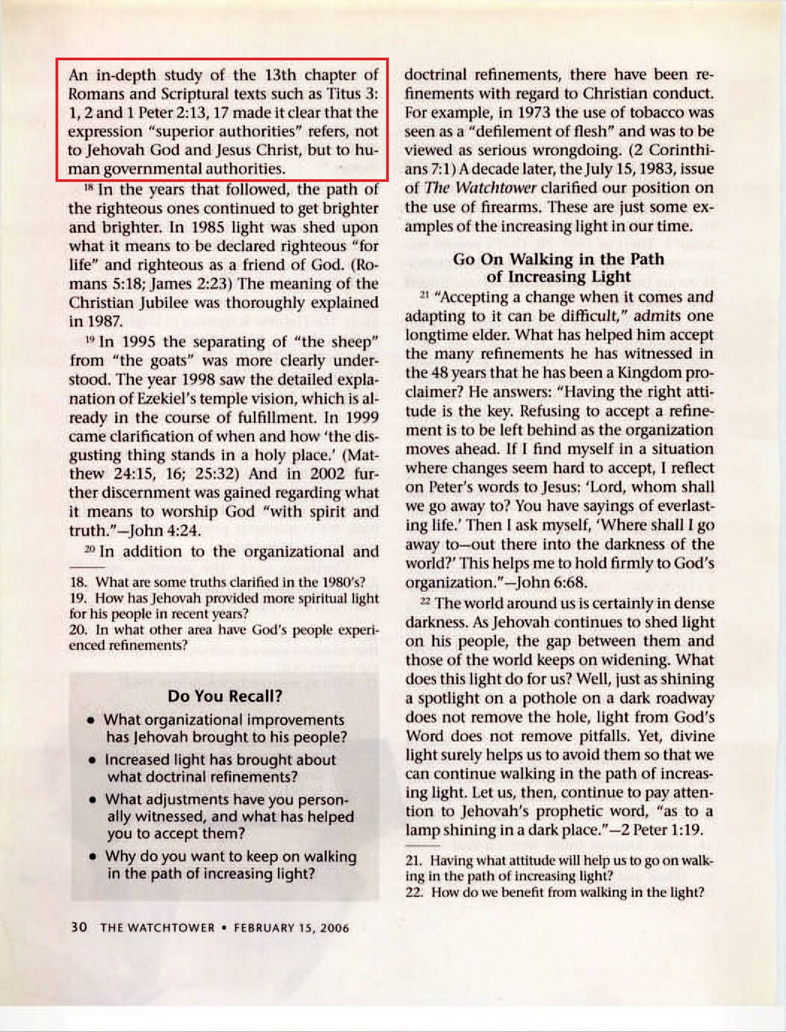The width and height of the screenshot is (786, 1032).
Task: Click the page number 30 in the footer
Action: click(79, 927)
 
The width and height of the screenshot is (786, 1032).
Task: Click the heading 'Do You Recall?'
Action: click(225, 696)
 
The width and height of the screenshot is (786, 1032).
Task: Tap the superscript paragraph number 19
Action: click(90, 341)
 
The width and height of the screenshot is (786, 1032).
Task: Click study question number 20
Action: click(77, 629)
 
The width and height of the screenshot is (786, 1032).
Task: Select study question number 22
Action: click(413, 892)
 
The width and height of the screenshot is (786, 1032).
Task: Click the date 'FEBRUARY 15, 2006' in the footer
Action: click(291, 928)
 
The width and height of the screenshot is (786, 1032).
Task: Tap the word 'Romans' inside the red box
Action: click(96, 94)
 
